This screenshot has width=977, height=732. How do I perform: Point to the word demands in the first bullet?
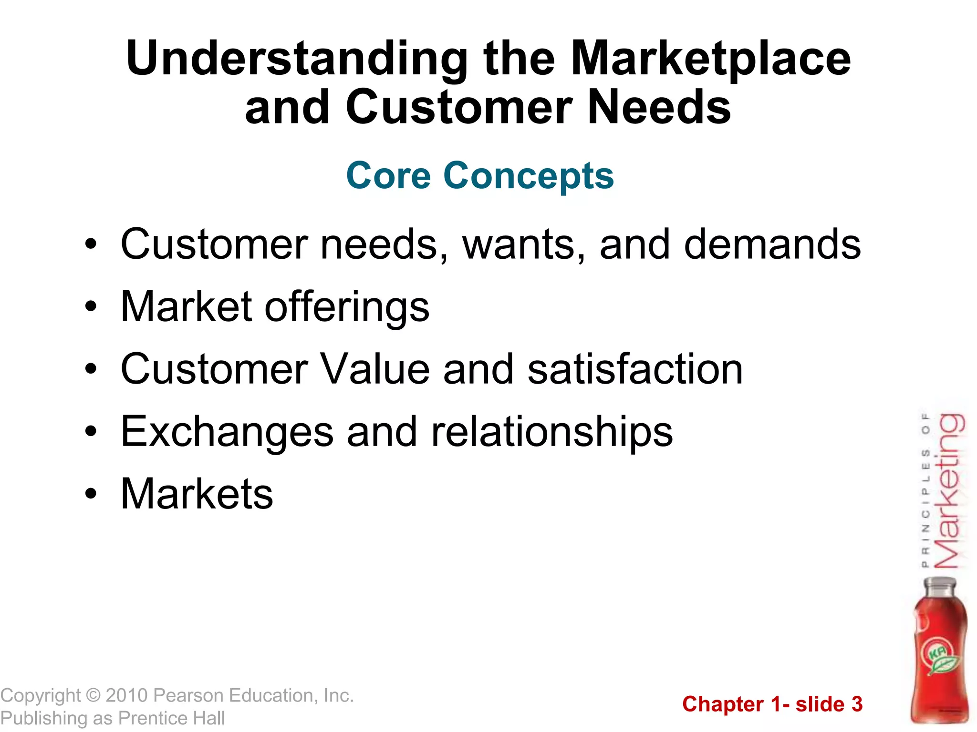[772, 244]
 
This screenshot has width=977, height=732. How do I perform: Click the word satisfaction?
[635, 369]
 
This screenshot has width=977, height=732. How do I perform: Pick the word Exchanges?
[227, 432]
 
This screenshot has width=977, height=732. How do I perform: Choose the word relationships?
[551, 432]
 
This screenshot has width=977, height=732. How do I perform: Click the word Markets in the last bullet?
[197, 494]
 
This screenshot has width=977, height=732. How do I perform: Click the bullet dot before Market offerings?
[91, 307]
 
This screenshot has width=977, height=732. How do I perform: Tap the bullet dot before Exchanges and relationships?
[91, 432]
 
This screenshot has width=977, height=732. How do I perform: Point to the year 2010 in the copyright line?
[126, 696]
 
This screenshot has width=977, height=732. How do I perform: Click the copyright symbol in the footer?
[93, 696]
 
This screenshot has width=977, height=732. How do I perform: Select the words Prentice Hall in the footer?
[171, 718]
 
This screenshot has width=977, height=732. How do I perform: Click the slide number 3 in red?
[857, 704]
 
